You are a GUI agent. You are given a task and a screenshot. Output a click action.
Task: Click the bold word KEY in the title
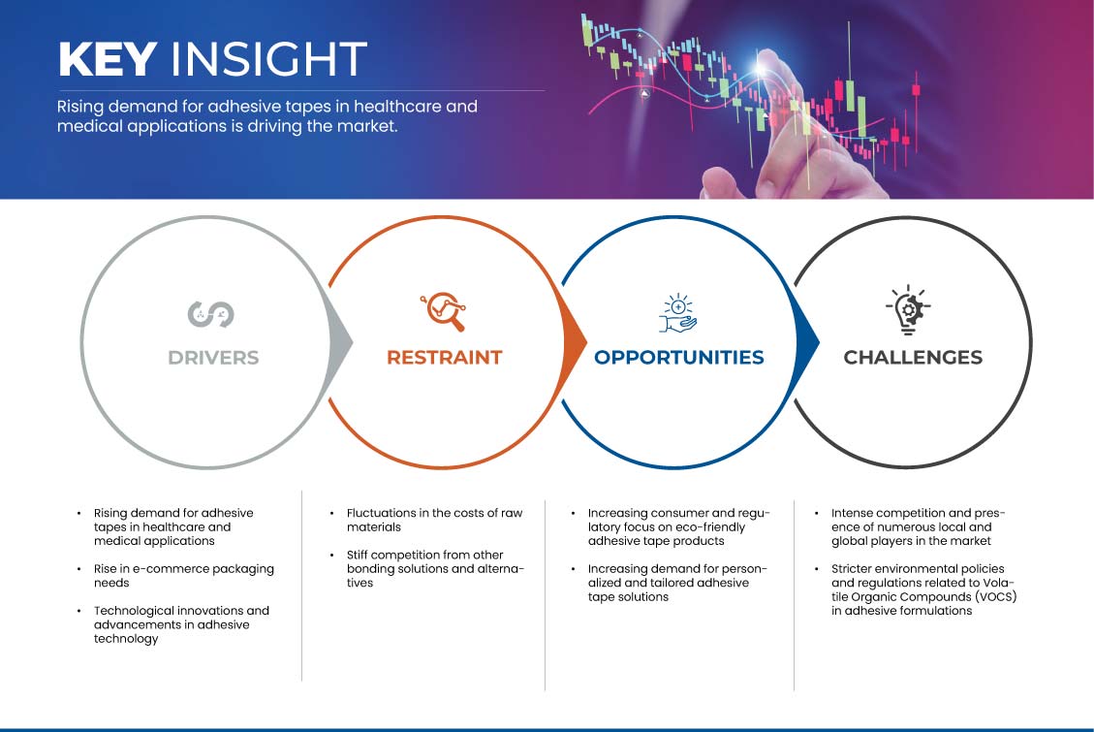(x=108, y=58)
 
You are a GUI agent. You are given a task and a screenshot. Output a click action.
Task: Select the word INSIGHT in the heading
(x=268, y=58)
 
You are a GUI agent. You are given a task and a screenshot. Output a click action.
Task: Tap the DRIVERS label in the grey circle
(x=213, y=358)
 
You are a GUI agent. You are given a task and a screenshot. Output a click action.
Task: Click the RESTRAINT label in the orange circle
(x=445, y=358)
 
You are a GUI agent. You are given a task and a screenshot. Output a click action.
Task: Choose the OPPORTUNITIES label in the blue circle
(x=679, y=358)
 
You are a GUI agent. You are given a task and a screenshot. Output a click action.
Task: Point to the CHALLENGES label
(x=913, y=358)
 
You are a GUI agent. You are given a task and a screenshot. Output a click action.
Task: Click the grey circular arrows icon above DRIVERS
(x=210, y=314)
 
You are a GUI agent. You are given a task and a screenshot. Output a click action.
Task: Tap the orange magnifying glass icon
(x=444, y=311)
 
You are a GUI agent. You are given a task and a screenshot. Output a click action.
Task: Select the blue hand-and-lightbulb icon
(x=678, y=312)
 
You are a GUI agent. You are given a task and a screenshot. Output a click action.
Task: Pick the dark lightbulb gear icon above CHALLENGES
(x=908, y=310)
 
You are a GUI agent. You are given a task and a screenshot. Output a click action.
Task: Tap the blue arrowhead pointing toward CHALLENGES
(x=807, y=342)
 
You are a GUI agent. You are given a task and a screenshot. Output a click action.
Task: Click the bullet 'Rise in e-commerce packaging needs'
(x=183, y=576)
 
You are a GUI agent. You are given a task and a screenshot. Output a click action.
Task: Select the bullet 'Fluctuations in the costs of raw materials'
(x=434, y=520)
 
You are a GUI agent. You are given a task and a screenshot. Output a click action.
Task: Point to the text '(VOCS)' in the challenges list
(x=993, y=596)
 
